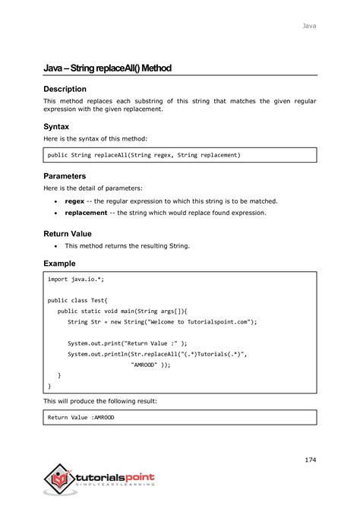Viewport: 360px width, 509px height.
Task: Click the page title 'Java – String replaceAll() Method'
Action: pos(107,68)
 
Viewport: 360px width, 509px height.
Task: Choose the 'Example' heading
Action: pos(59,263)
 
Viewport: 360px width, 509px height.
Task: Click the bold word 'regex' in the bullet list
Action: pos(74,201)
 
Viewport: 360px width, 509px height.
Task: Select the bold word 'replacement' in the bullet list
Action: pos(86,213)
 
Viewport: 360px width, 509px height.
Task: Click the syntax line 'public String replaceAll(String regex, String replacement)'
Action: pos(144,155)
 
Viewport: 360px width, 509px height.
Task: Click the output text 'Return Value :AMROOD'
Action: pos(81,417)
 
